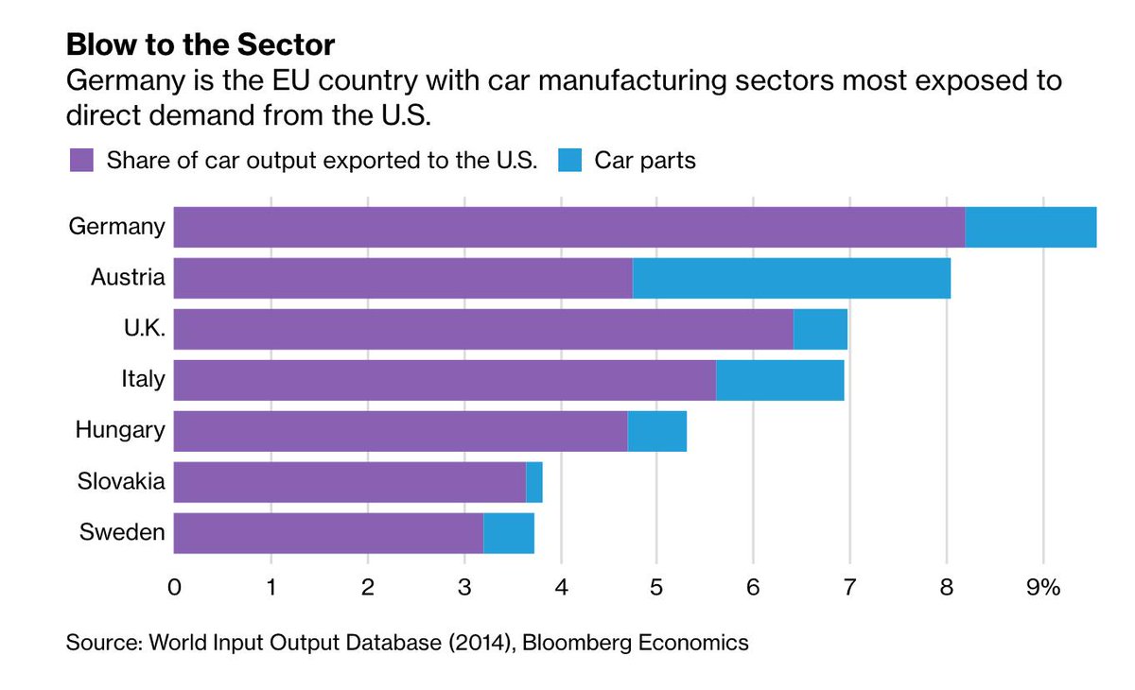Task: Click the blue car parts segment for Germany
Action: (1030, 227)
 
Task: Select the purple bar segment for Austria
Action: (403, 278)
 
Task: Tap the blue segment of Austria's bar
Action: (791, 278)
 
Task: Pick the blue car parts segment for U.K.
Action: (820, 329)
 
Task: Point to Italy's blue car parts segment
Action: (779, 380)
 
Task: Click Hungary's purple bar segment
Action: (400, 431)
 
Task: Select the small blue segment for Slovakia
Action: (534, 482)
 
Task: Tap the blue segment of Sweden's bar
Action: (509, 533)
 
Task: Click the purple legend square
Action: (81, 160)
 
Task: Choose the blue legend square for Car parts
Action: (568, 160)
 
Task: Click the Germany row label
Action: (116, 227)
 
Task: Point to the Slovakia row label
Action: (121, 482)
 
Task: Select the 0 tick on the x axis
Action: (174, 587)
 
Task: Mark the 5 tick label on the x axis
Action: (656, 587)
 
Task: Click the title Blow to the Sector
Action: (201, 44)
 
